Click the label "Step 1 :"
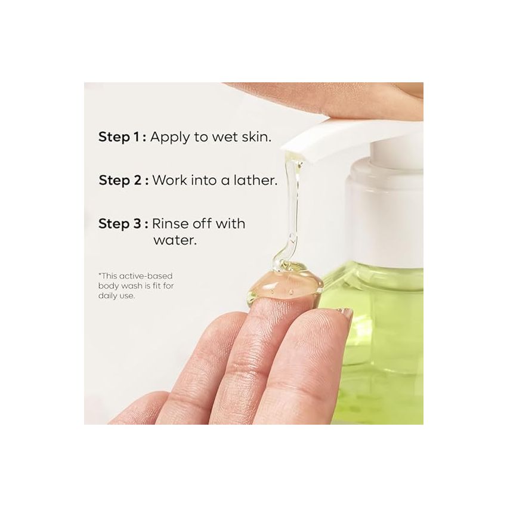tap(122, 137)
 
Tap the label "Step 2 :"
tap(123, 180)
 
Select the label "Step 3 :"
tap(123, 224)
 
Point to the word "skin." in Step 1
tap(255, 137)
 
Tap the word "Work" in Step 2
tap(170, 180)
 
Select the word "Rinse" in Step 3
tap(169, 224)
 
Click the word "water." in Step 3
tap(175, 242)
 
